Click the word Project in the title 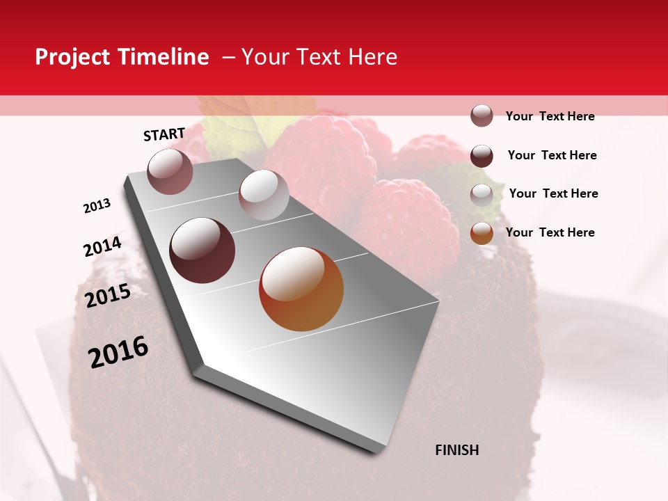coord(72,57)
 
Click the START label coord(164,134)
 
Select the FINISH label coord(457,450)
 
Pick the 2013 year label coord(97,206)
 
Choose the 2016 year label coord(118,352)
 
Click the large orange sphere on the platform coord(301,289)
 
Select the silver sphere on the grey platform coord(264,195)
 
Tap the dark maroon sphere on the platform coord(202,250)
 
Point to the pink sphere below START coord(170,171)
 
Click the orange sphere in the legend coord(482,233)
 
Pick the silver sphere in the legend coord(482,195)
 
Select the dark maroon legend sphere coord(482,156)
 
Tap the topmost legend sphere coord(482,116)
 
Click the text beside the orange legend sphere coord(550,232)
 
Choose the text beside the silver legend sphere coord(554,193)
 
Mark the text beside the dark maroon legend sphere coord(552,155)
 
